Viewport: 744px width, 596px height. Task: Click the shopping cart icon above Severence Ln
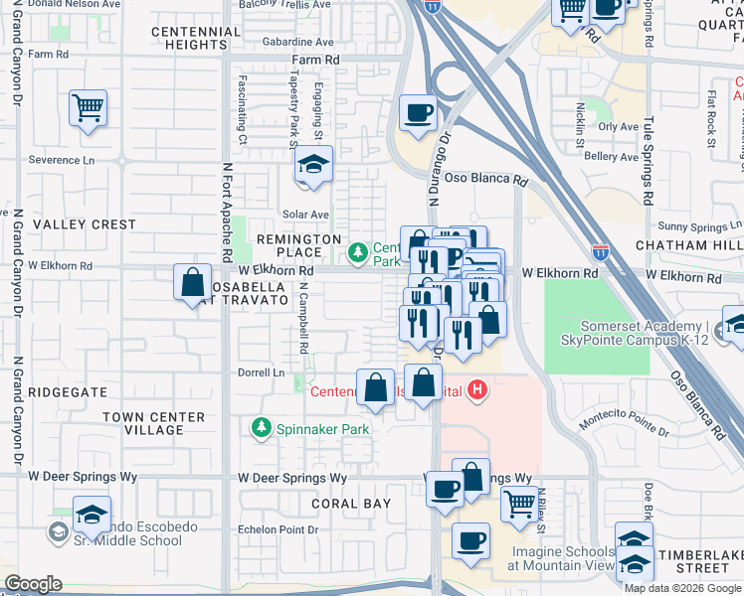pyautogui.click(x=89, y=107)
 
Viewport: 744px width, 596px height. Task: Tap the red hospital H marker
pyautogui.click(x=478, y=390)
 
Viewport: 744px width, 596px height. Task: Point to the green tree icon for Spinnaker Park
pyautogui.click(x=261, y=428)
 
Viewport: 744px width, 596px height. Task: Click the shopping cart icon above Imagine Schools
pyautogui.click(x=519, y=504)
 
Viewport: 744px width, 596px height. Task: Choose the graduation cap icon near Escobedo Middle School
pyautogui.click(x=92, y=514)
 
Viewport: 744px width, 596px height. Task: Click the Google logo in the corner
pyautogui.click(x=33, y=584)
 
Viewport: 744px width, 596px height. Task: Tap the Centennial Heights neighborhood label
pyautogui.click(x=196, y=38)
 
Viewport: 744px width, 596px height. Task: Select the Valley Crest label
pyautogui.click(x=85, y=224)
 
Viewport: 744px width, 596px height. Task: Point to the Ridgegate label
pyautogui.click(x=68, y=392)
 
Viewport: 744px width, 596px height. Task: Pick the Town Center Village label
pyautogui.click(x=154, y=423)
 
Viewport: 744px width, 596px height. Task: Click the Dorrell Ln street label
pyautogui.click(x=261, y=373)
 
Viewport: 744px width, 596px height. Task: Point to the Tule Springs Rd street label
pyautogui.click(x=648, y=159)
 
